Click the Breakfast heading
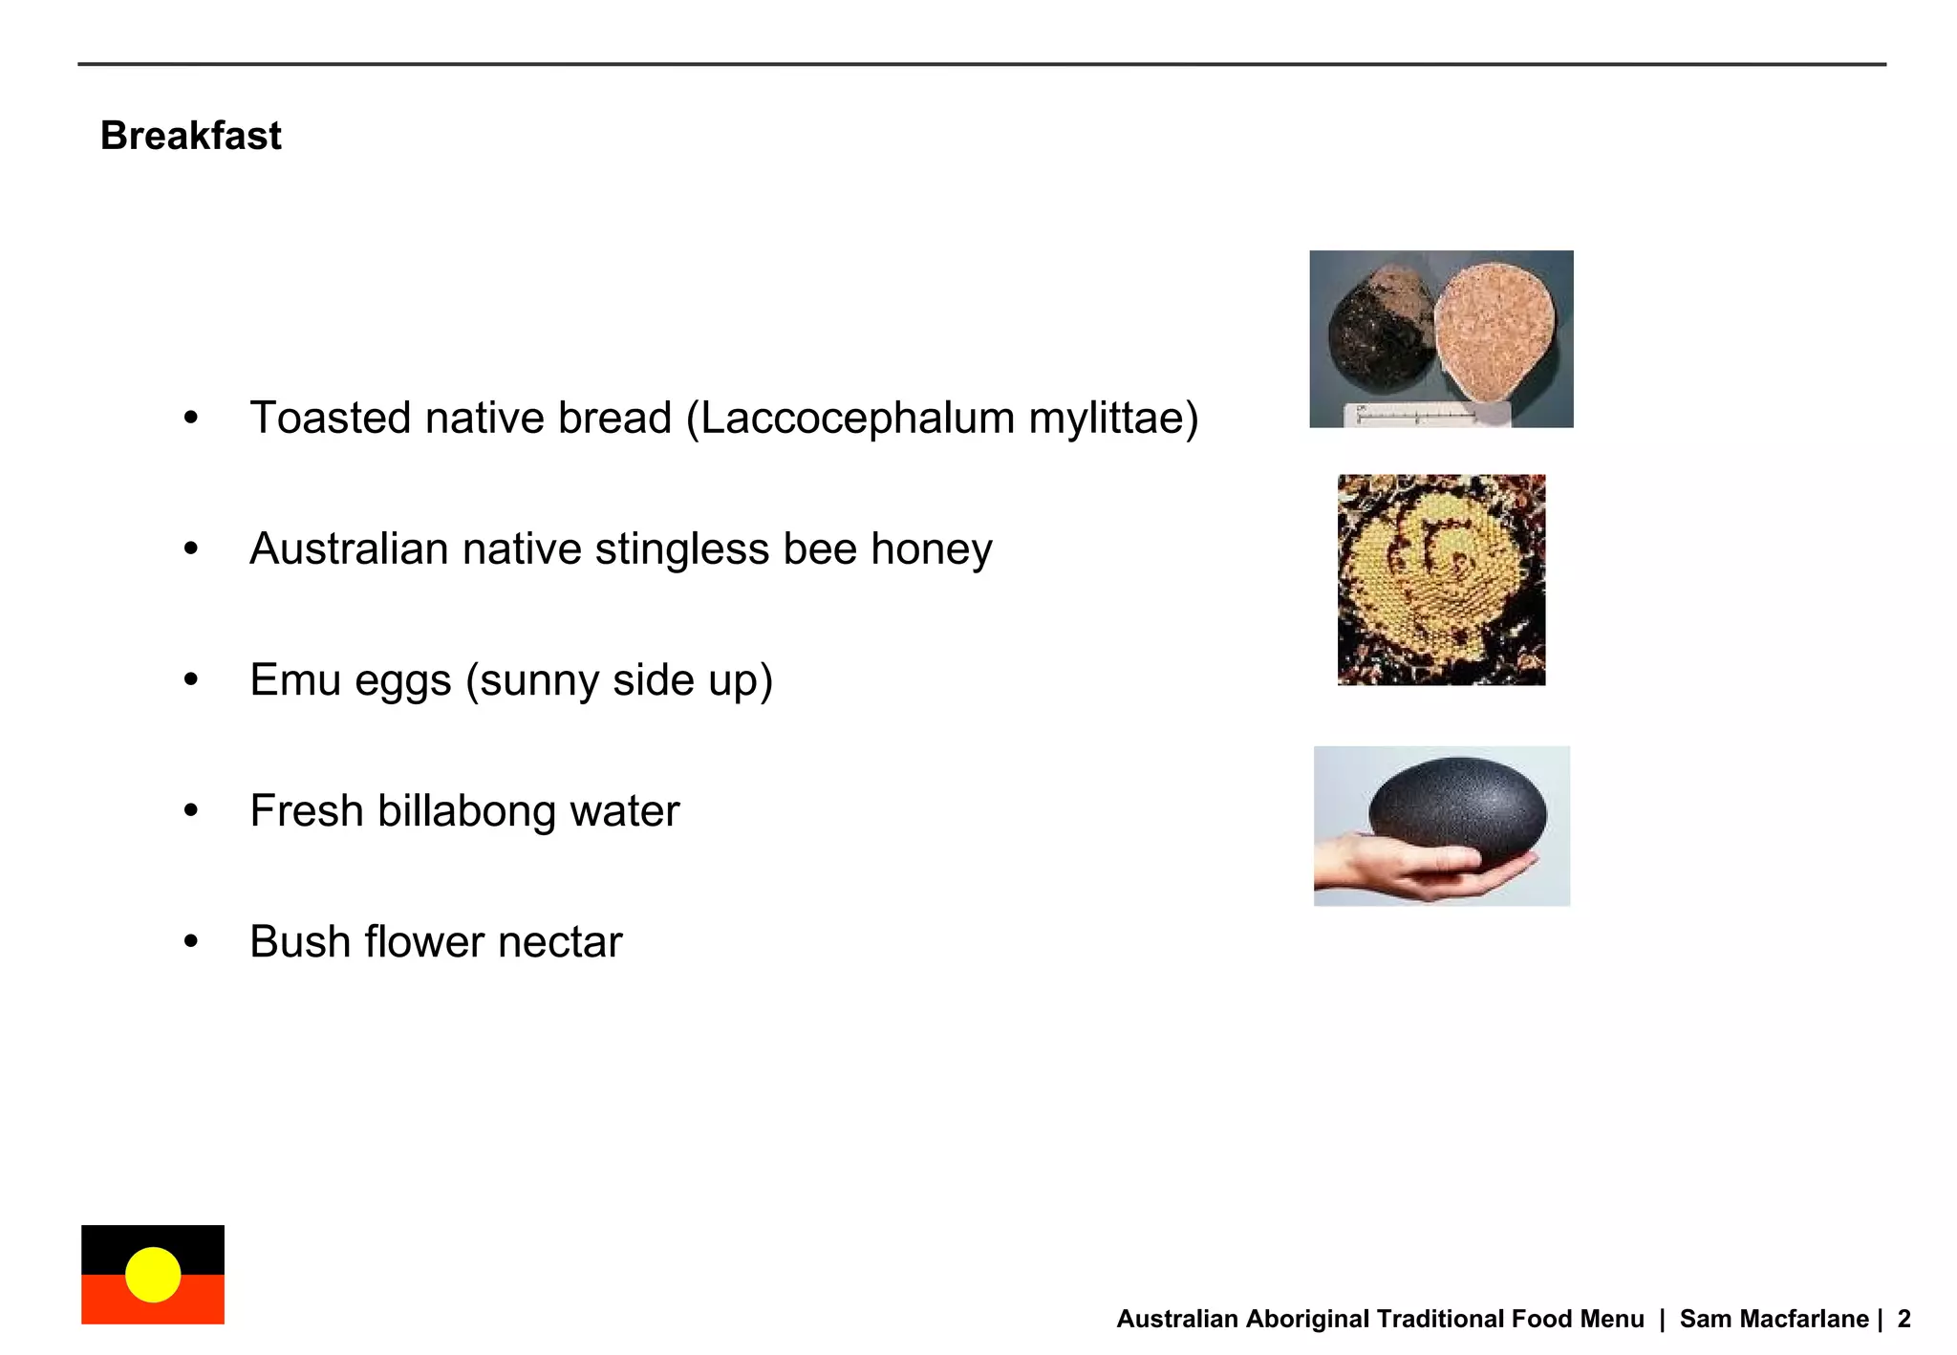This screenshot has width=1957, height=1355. [190, 136]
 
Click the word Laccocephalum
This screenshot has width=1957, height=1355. [856, 419]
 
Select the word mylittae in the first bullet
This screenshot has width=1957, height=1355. [1108, 419]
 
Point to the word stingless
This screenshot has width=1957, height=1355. [681, 549]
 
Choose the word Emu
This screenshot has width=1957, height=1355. [295, 680]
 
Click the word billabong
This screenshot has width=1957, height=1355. [466, 811]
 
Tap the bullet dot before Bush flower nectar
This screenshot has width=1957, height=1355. [191, 942]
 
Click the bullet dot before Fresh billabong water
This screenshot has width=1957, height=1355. [191, 811]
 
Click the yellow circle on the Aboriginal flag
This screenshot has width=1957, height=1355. [153, 1275]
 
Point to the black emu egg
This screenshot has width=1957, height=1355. [1456, 807]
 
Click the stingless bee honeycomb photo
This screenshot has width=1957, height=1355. [1441, 580]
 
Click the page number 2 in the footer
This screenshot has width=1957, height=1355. [1903, 1319]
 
